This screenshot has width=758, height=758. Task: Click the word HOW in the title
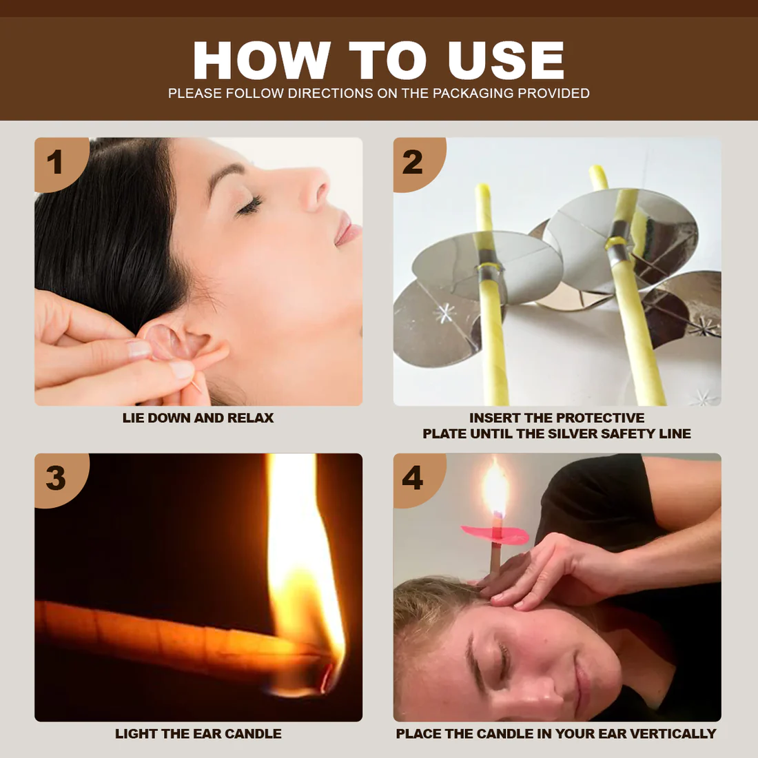tap(260, 61)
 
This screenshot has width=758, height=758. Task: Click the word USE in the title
tap(506, 61)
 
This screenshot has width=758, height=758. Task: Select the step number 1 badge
tap(55, 163)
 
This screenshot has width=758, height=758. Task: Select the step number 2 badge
tap(413, 163)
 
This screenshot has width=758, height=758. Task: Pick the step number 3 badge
tap(55, 478)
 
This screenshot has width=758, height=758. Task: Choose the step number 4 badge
tap(413, 478)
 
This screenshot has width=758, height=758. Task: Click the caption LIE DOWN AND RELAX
tap(198, 418)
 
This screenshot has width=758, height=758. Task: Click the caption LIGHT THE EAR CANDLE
tap(198, 734)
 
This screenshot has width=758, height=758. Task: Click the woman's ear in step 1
tap(181, 342)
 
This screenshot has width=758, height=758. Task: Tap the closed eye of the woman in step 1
tap(249, 205)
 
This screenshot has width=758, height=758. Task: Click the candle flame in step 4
tap(495, 489)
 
